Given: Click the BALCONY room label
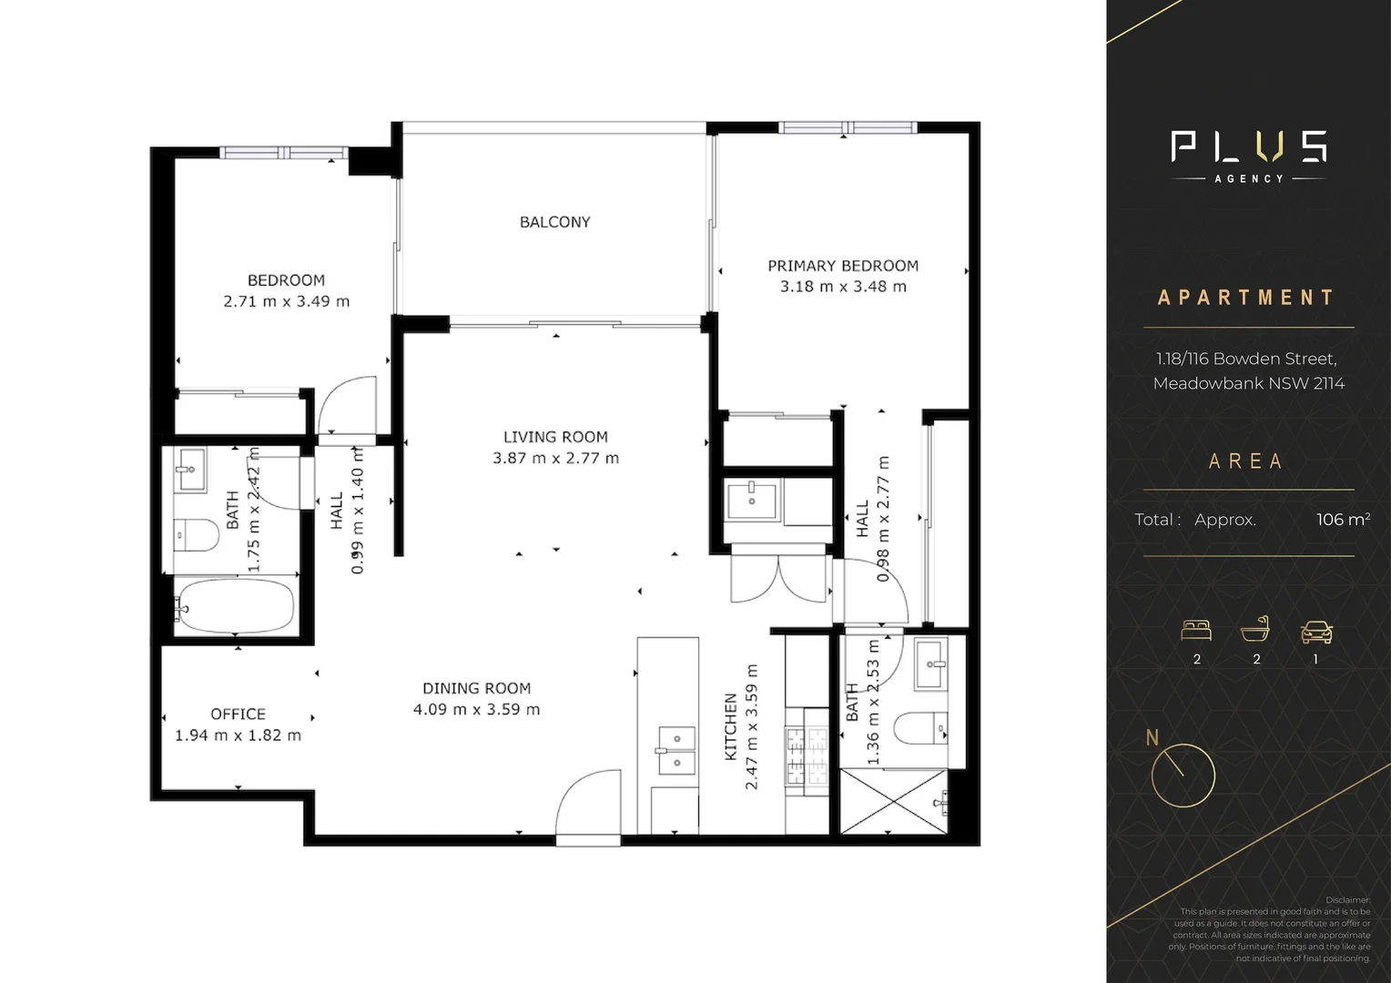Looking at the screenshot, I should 554,222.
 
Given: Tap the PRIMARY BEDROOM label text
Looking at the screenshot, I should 843,266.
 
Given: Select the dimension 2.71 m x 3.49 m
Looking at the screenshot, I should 286,301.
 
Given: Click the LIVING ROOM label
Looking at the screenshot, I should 555,437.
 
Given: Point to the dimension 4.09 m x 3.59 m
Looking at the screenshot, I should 476,710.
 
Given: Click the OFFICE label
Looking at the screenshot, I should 238,714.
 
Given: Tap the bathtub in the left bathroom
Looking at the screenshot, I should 236,606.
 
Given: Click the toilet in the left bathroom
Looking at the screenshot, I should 196,535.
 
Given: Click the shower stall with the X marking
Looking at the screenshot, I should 892,802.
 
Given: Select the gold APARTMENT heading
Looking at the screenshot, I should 1246,298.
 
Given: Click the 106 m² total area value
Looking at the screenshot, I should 1342,520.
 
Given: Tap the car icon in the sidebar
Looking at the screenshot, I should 1316,631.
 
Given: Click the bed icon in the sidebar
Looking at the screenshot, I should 1196,630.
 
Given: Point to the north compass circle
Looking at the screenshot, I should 1183,775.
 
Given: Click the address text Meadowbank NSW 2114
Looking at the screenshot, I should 1248,383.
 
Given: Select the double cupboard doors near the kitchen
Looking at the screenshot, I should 779,578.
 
